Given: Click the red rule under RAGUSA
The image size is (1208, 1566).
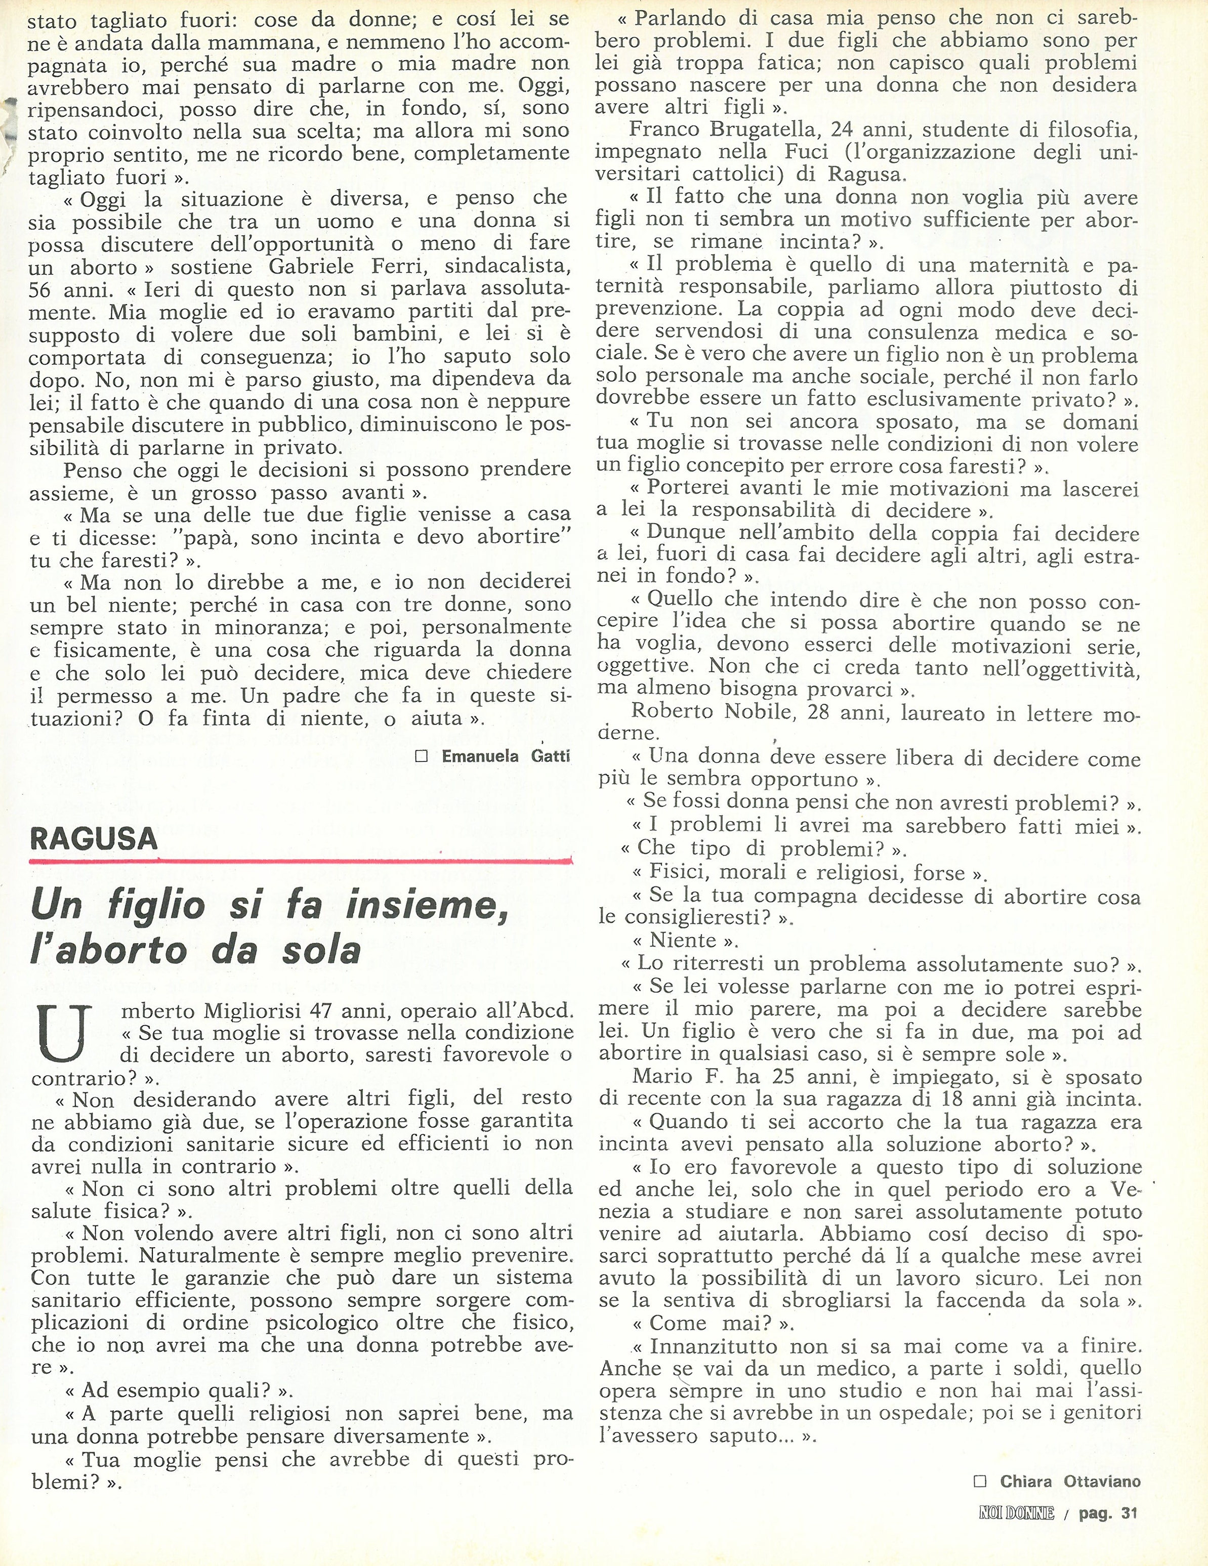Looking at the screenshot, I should (x=301, y=860).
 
